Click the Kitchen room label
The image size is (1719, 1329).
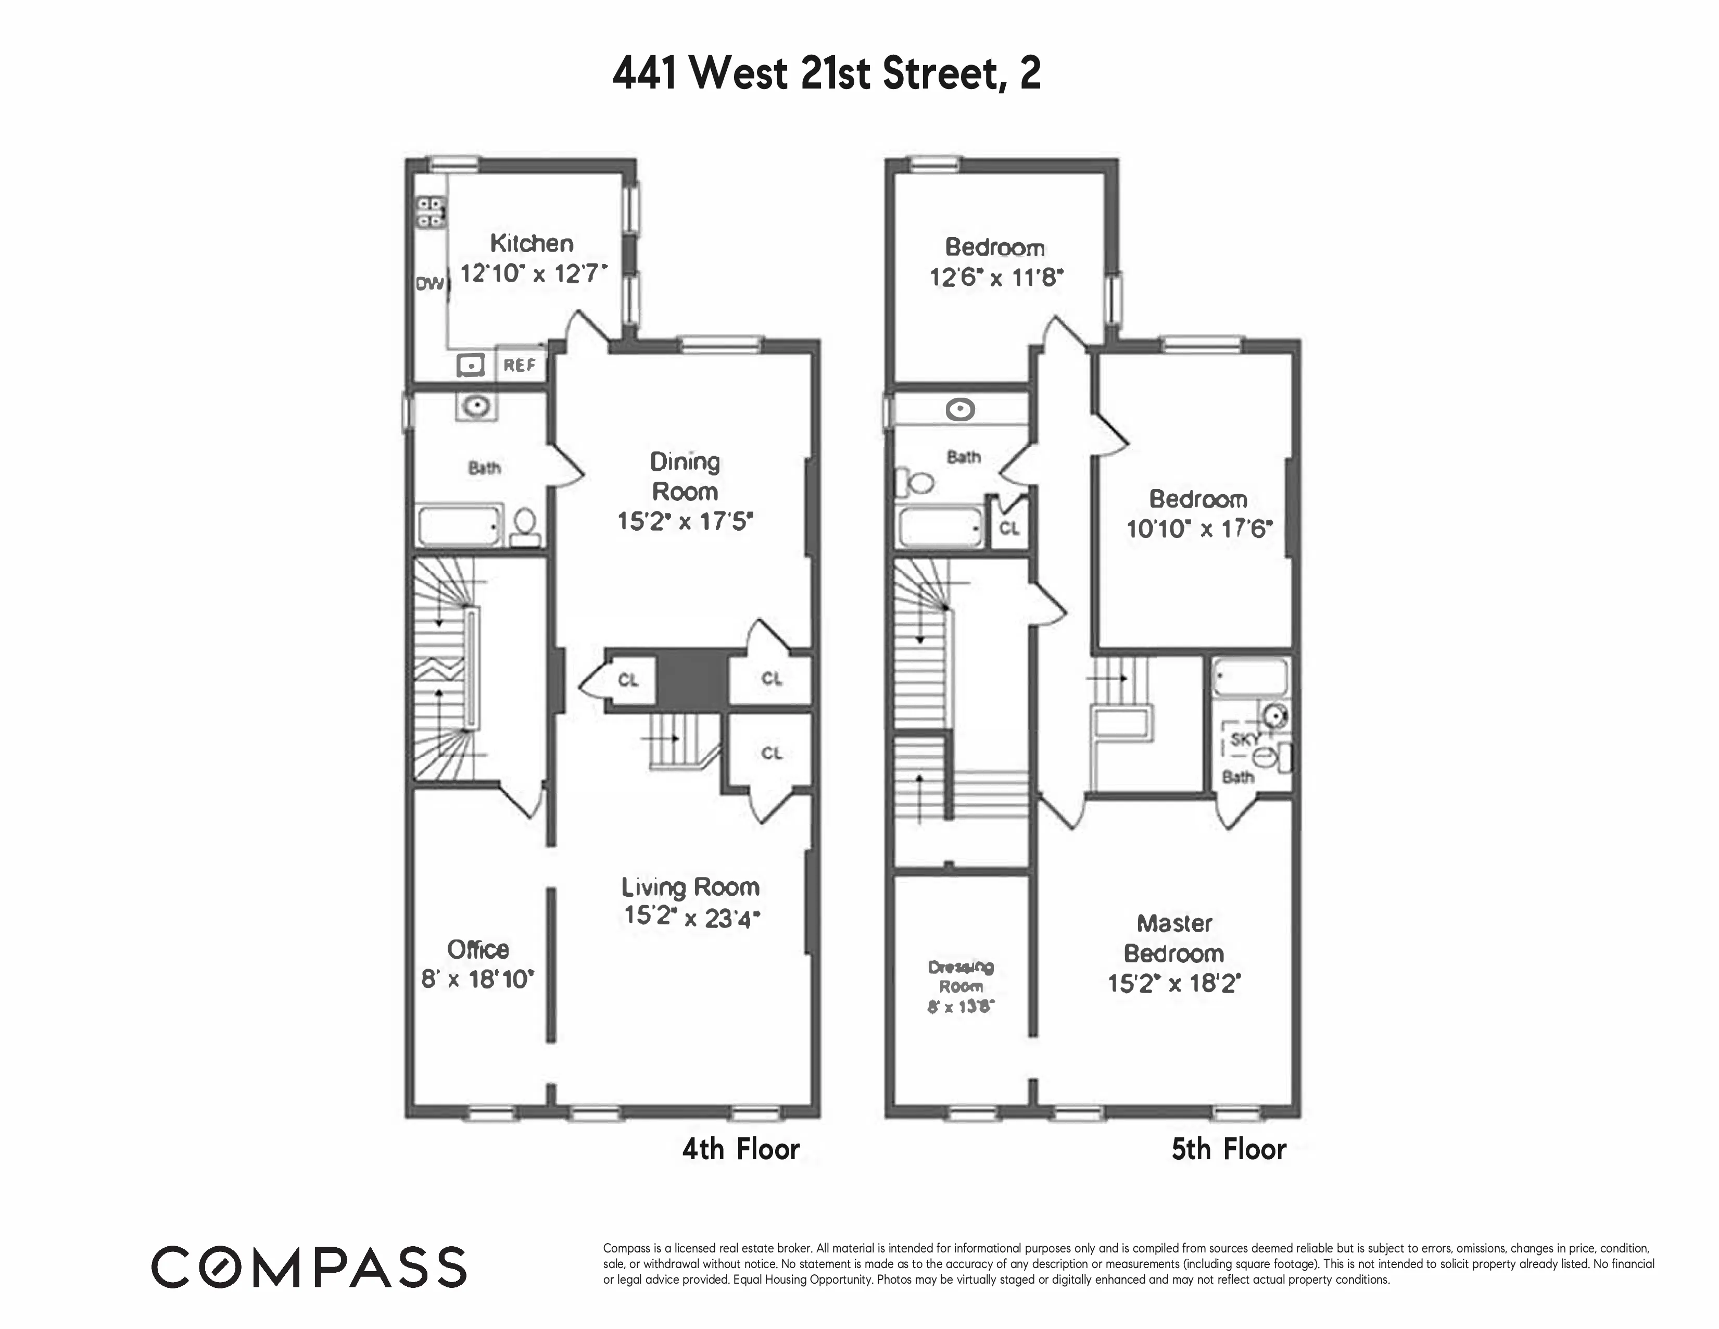(532, 243)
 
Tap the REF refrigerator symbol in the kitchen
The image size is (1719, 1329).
(520, 365)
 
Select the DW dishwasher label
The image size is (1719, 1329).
(429, 283)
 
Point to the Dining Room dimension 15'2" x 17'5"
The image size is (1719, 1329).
(685, 522)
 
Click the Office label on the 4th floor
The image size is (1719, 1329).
(478, 949)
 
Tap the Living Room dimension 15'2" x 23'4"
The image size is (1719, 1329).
(692, 917)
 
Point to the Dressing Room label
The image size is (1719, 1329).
(961, 976)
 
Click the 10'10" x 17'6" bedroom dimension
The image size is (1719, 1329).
(1199, 528)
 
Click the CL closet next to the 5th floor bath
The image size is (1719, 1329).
(1009, 528)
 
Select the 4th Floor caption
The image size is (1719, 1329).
(741, 1149)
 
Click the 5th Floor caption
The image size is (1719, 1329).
(1229, 1149)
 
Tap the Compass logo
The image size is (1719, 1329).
(309, 1267)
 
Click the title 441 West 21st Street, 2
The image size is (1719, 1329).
(827, 73)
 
